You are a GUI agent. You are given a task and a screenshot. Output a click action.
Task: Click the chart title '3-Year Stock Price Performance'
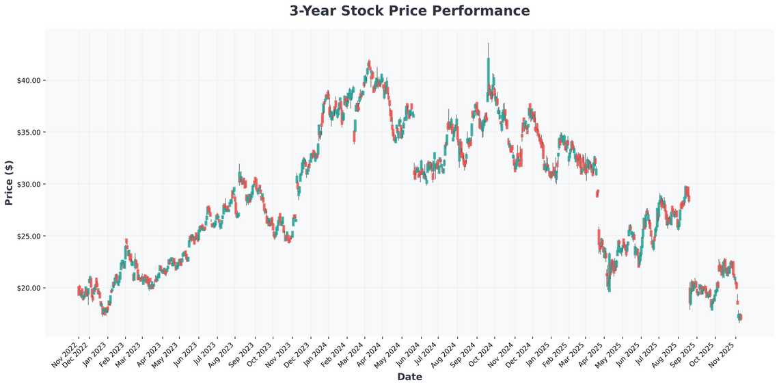(409, 11)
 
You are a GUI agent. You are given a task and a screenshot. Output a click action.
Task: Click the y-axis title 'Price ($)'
(9, 183)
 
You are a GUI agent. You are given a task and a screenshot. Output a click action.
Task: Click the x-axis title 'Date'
(409, 377)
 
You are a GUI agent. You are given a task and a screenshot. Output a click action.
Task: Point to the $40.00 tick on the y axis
(30, 80)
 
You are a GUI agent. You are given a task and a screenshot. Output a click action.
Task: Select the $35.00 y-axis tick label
(30, 132)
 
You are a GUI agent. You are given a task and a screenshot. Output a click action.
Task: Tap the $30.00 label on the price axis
(30, 184)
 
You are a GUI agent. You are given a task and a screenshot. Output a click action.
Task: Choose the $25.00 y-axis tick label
(30, 236)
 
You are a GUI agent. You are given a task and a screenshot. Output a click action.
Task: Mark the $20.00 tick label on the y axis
(30, 288)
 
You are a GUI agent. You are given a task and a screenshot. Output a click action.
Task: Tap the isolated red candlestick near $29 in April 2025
(597, 193)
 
